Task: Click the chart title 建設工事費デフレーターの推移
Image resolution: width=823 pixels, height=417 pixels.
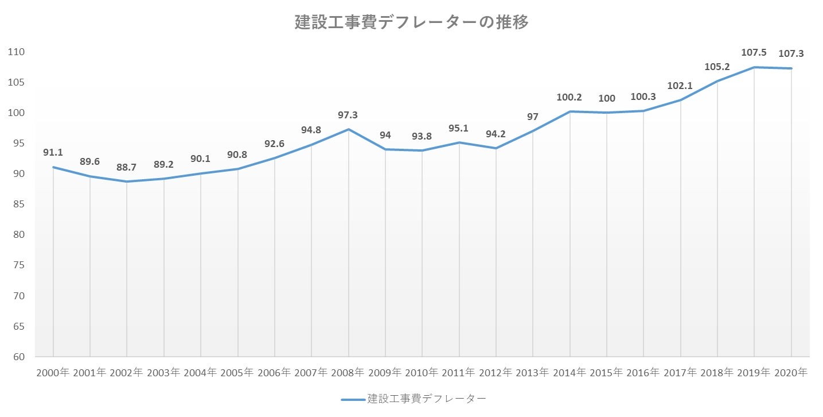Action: tap(411, 22)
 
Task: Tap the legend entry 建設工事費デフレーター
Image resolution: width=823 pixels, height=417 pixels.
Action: tap(413, 399)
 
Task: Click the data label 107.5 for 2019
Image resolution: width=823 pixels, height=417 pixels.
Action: tap(754, 52)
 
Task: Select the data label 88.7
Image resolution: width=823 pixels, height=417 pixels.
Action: tap(127, 167)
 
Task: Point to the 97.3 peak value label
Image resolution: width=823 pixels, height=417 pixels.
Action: tap(348, 115)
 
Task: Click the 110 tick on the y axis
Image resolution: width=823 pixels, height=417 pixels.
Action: tap(17, 52)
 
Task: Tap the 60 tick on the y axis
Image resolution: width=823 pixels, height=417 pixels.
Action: tap(19, 357)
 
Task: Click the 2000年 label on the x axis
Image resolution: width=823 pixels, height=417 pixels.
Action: tap(53, 372)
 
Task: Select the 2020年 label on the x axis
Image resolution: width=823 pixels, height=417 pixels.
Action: tap(791, 372)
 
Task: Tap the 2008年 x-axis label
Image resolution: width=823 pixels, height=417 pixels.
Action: tap(348, 372)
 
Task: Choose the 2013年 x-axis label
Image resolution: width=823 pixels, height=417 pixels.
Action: tap(533, 372)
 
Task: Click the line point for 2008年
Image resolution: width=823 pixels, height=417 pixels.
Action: tap(348, 129)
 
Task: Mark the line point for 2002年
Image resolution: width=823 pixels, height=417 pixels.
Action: tap(127, 182)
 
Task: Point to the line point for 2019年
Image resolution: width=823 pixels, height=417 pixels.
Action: tap(754, 67)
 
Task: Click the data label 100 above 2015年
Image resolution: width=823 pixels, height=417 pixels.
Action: tap(606, 98)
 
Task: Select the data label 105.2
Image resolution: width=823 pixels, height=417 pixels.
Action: tap(717, 66)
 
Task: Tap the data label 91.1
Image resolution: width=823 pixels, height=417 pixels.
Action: tap(53, 152)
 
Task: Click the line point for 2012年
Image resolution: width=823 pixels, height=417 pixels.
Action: tap(496, 148)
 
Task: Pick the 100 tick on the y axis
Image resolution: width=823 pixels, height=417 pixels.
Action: tap(17, 113)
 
